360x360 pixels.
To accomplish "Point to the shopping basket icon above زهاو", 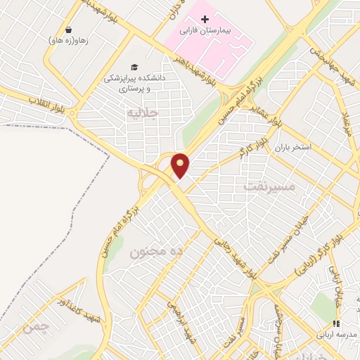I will tap(69, 30).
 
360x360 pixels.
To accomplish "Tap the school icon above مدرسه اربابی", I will tap(336, 323).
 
